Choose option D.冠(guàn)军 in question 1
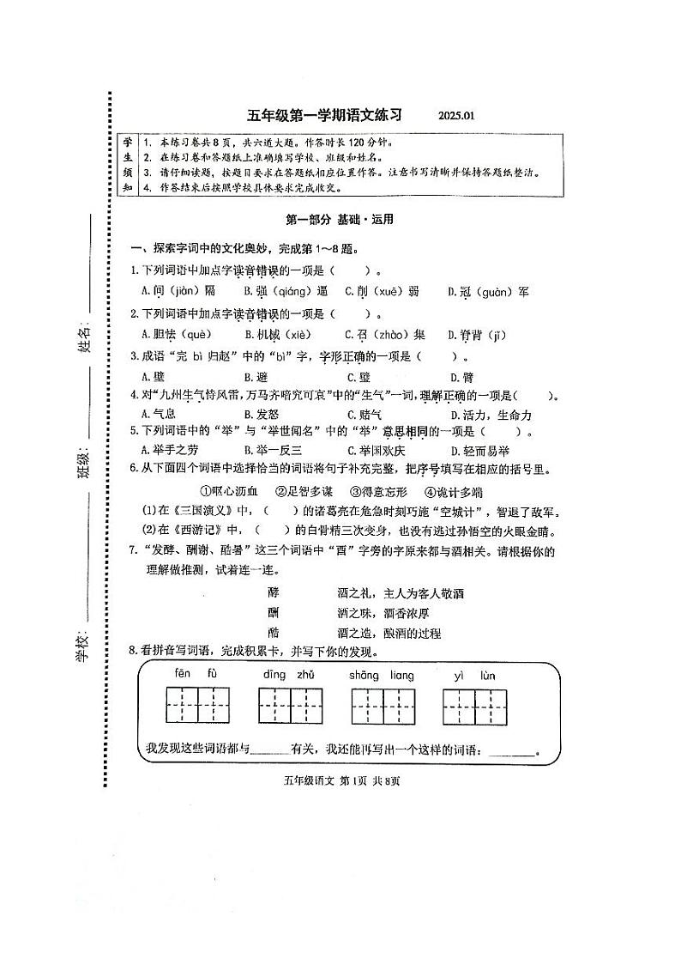click(488, 292)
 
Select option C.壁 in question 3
click(359, 377)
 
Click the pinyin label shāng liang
click(382, 675)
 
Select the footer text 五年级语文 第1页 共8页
click(341, 780)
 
